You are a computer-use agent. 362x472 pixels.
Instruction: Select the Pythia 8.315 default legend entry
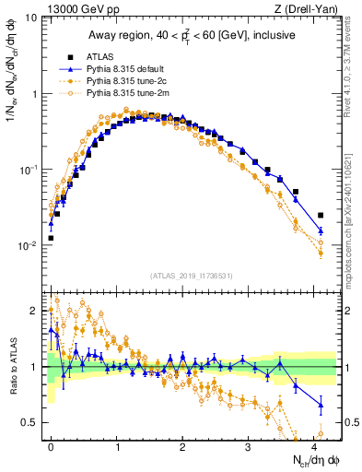[126, 69]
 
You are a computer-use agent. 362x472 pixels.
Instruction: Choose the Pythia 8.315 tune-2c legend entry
[125, 81]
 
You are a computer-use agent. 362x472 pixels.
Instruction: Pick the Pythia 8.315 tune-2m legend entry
[126, 94]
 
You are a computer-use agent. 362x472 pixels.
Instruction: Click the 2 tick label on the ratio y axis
[34, 310]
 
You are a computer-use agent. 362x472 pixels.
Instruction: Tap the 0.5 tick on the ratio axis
[29, 423]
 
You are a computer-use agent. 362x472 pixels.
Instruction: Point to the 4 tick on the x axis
[314, 446]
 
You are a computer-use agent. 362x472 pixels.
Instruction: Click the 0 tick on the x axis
[51, 446]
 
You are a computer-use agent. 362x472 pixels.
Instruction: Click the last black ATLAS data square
[321, 216]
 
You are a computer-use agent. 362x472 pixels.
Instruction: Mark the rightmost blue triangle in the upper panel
[321, 230]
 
